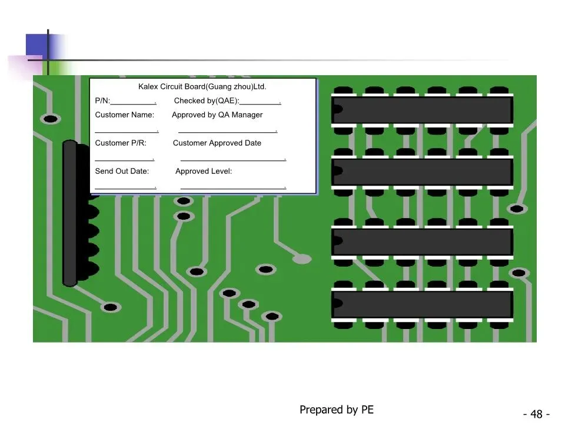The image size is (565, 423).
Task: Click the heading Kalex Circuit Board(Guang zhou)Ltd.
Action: click(202, 87)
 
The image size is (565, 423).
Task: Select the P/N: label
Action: click(102, 100)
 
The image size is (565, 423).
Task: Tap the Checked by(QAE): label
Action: click(207, 100)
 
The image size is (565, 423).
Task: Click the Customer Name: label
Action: click(124, 115)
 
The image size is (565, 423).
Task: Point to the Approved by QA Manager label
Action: click(217, 115)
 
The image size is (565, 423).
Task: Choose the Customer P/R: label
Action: click(121, 143)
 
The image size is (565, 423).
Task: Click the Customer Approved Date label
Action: click(217, 143)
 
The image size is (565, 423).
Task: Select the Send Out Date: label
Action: click(122, 171)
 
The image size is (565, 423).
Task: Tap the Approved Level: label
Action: click(204, 171)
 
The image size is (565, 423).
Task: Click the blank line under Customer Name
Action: click(127, 132)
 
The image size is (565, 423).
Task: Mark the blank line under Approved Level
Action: click(234, 188)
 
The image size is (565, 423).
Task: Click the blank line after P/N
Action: click(134, 104)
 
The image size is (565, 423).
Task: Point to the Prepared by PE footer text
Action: click(337, 409)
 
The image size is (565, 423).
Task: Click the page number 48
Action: click(536, 414)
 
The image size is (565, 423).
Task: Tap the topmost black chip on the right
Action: click(422, 110)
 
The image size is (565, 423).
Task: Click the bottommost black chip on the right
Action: click(422, 304)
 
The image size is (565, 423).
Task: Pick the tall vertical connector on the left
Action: click(70, 213)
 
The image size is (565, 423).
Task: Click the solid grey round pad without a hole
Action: click(302, 258)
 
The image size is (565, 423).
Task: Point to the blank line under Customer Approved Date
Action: click(234, 160)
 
